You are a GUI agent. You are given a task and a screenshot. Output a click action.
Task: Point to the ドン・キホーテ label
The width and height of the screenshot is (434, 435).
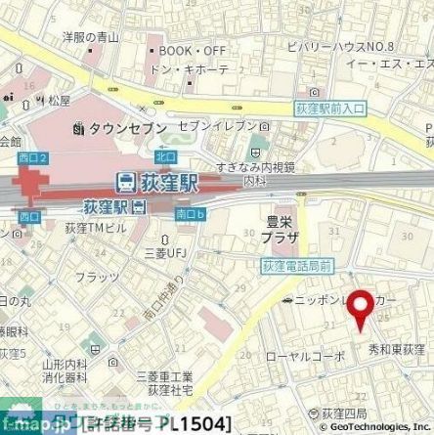191,69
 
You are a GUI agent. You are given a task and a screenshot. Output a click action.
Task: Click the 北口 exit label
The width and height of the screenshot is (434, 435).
139,154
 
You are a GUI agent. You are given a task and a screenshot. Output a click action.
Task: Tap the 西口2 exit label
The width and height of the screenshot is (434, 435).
29,155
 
